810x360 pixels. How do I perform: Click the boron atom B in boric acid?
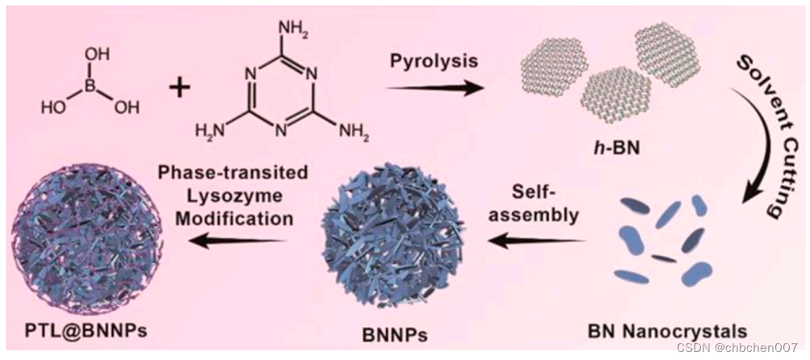coord(90,82)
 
